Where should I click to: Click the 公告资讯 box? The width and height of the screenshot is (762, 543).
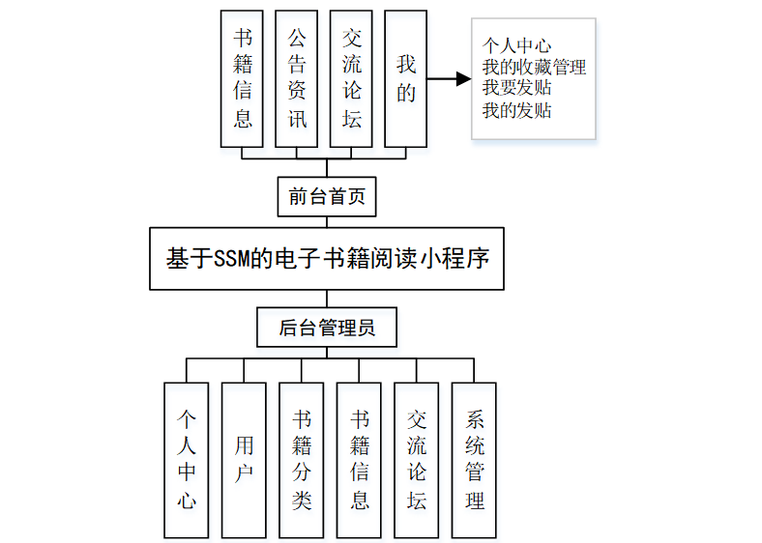click(297, 78)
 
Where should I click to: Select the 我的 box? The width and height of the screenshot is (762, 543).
click(406, 78)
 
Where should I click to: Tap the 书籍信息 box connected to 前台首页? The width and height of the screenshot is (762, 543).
click(242, 78)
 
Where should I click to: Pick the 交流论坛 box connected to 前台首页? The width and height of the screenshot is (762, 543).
click(351, 78)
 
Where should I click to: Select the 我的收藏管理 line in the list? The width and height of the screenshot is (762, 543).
click(534, 68)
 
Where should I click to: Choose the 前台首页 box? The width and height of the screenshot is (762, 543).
click(326, 196)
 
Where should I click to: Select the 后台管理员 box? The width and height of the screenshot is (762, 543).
click(326, 328)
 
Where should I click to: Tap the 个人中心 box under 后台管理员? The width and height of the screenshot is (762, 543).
click(186, 460)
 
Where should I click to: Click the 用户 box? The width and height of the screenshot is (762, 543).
click(244, 460)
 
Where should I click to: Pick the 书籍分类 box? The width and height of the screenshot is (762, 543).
click(302, 460)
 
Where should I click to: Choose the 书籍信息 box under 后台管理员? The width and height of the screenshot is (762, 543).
click(360, 460)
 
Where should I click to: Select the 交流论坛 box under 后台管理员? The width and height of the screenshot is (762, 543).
click(417, 460)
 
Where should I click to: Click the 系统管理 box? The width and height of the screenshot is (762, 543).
click(474, 460)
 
